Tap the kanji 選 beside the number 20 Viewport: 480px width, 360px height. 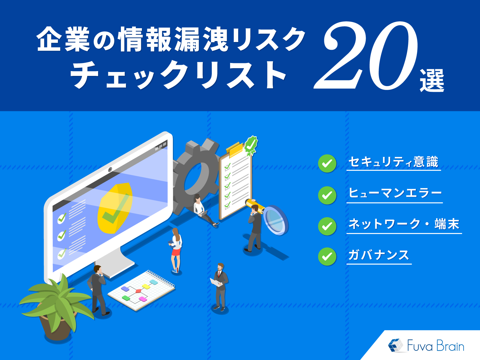(x=432, y=80)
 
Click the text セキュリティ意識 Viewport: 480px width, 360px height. (x=393, y=162)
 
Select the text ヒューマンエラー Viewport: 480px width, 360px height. (x=395, y=193)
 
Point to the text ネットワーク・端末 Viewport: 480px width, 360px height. (x=404, y=224)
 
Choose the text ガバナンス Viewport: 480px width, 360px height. (x=379, y=255)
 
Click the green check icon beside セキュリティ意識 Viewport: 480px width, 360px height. (x=327, y=163)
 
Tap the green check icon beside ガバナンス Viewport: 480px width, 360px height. (x=327, y=256)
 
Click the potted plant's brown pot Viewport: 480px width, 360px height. (x=57, y=327)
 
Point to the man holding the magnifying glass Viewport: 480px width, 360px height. (x=255, y=228)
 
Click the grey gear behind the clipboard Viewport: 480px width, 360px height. (x=195, y=177)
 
